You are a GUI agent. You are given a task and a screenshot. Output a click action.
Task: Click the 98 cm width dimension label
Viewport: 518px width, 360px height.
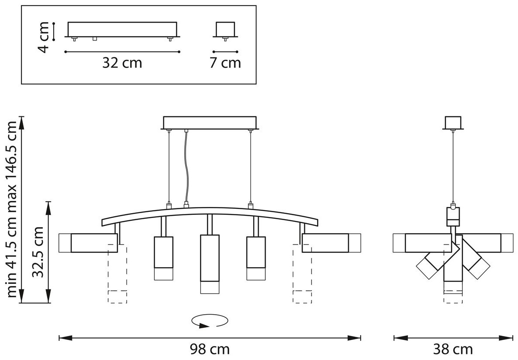point(210,349)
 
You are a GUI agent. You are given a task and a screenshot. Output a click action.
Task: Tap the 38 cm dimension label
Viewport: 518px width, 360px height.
point(453,349)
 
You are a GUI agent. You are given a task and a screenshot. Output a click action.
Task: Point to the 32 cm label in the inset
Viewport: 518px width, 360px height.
point(122,63)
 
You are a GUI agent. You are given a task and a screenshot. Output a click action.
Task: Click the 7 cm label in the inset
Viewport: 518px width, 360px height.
point(225,63)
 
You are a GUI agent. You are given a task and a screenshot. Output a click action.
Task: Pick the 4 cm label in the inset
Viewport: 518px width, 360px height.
point(43,37)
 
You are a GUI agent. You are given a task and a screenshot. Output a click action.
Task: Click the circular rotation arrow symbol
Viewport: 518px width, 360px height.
point(210,321)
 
